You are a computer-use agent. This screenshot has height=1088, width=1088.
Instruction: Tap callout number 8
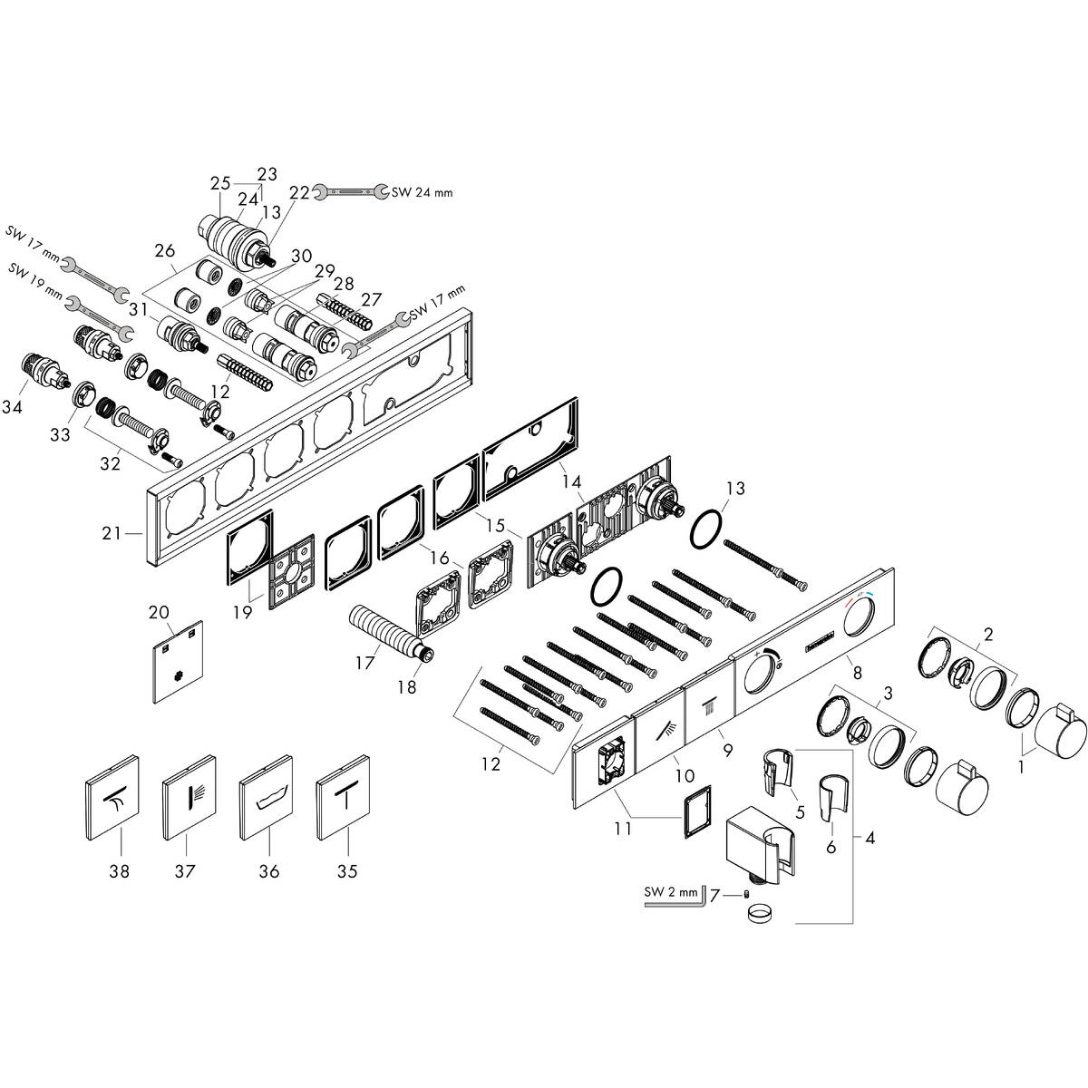pyautogui.click(x=855, y=674)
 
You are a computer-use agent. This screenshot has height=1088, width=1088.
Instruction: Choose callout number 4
pyautogui.click(x=869, y=839)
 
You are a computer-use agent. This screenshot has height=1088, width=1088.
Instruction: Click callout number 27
pyautogui.click(x=372, y=300)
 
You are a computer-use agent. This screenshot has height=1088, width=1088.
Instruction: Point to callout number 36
pyautogui.click(x=268, y=871)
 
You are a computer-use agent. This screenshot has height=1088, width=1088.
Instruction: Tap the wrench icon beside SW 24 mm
pyautogui.click(x=351, y=191)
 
